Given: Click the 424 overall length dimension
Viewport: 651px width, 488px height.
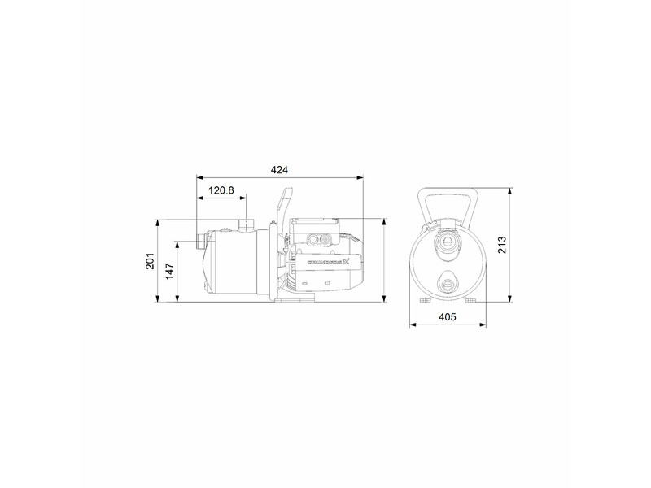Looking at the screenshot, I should pos(280,170).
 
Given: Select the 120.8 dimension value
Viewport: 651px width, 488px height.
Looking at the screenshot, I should pos(221,190).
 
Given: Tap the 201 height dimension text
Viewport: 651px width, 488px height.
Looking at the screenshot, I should pos(150,260).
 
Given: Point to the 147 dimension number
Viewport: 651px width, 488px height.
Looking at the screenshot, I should pos(170,271).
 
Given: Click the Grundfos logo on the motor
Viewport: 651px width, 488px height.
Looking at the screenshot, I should pos(329,262).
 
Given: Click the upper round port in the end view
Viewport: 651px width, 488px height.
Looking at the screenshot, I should pos(447,241).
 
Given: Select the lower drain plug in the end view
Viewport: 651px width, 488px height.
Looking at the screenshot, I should pos(447,284).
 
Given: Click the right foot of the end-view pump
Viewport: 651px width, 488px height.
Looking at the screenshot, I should pos(471,299).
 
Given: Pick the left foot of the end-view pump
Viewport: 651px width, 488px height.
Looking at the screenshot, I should pos(422,299).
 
